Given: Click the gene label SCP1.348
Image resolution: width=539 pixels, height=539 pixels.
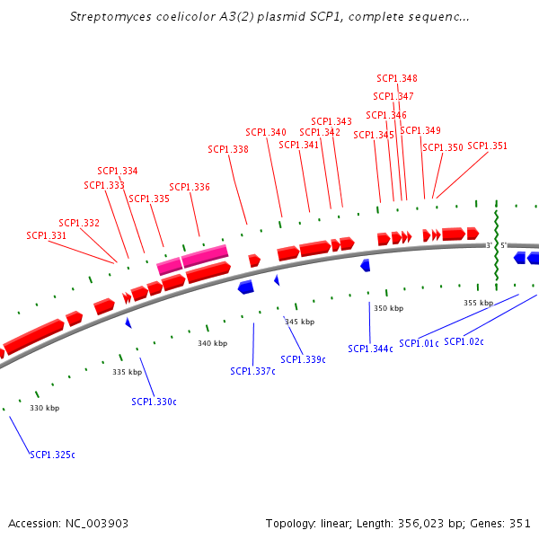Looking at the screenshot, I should coord(397,78).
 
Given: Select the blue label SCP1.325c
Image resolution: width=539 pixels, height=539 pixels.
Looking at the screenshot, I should coord(52,455).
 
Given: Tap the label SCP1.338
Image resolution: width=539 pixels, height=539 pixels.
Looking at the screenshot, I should coord(228,149).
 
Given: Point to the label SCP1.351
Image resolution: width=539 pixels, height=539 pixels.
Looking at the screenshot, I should coord(488,146).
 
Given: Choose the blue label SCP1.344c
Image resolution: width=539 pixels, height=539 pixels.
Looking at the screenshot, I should coord(371,349).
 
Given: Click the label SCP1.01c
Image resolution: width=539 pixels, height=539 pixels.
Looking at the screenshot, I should coord(419,343).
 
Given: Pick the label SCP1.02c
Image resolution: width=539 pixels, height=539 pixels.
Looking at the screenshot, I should coord(464,341).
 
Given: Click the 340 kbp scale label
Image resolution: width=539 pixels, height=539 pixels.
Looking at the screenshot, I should coord(213,343).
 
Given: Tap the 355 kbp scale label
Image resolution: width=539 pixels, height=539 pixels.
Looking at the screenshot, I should coord(478,303).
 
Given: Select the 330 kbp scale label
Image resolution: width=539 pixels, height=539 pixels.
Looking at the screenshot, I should coord(44,408).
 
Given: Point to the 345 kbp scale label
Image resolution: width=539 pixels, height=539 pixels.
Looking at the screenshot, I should coord(299,322).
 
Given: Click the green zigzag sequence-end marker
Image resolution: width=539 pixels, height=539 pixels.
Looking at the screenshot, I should coord(496,245).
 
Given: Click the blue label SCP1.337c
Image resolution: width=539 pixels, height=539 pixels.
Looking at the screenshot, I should coord(252,371).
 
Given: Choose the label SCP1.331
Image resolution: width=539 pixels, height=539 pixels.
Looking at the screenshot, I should coord(47,235).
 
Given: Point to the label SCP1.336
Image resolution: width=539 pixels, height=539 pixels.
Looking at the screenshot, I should coord(190,187).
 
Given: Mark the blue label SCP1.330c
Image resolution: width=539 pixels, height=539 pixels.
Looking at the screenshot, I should coord(154,402).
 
